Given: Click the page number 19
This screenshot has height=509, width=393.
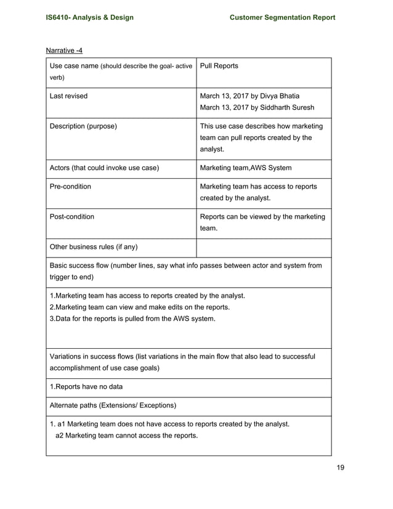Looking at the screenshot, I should pos(340,467).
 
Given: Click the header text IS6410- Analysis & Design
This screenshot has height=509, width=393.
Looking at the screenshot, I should pos(89,17).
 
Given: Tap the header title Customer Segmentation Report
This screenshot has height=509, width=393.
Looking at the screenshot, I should pos(282,17).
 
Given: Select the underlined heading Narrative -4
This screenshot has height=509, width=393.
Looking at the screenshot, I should pos(65,50).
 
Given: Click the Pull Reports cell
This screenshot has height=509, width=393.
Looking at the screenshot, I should pos(219,66).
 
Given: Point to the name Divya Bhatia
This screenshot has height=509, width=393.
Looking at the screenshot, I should pos(278,96).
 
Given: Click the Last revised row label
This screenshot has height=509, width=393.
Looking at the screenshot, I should pos(68,96).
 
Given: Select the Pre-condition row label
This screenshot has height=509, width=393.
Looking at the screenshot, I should pos(70,187).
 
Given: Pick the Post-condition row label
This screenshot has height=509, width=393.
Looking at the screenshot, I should pos(72,217).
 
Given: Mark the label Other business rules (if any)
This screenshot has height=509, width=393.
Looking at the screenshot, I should pos(93,247).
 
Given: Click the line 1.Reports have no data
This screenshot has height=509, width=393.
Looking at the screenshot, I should pos(88,388).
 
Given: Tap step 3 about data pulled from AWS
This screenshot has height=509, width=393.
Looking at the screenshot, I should pos(132,319).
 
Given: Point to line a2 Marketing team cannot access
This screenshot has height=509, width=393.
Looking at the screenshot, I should pos(126,436).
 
